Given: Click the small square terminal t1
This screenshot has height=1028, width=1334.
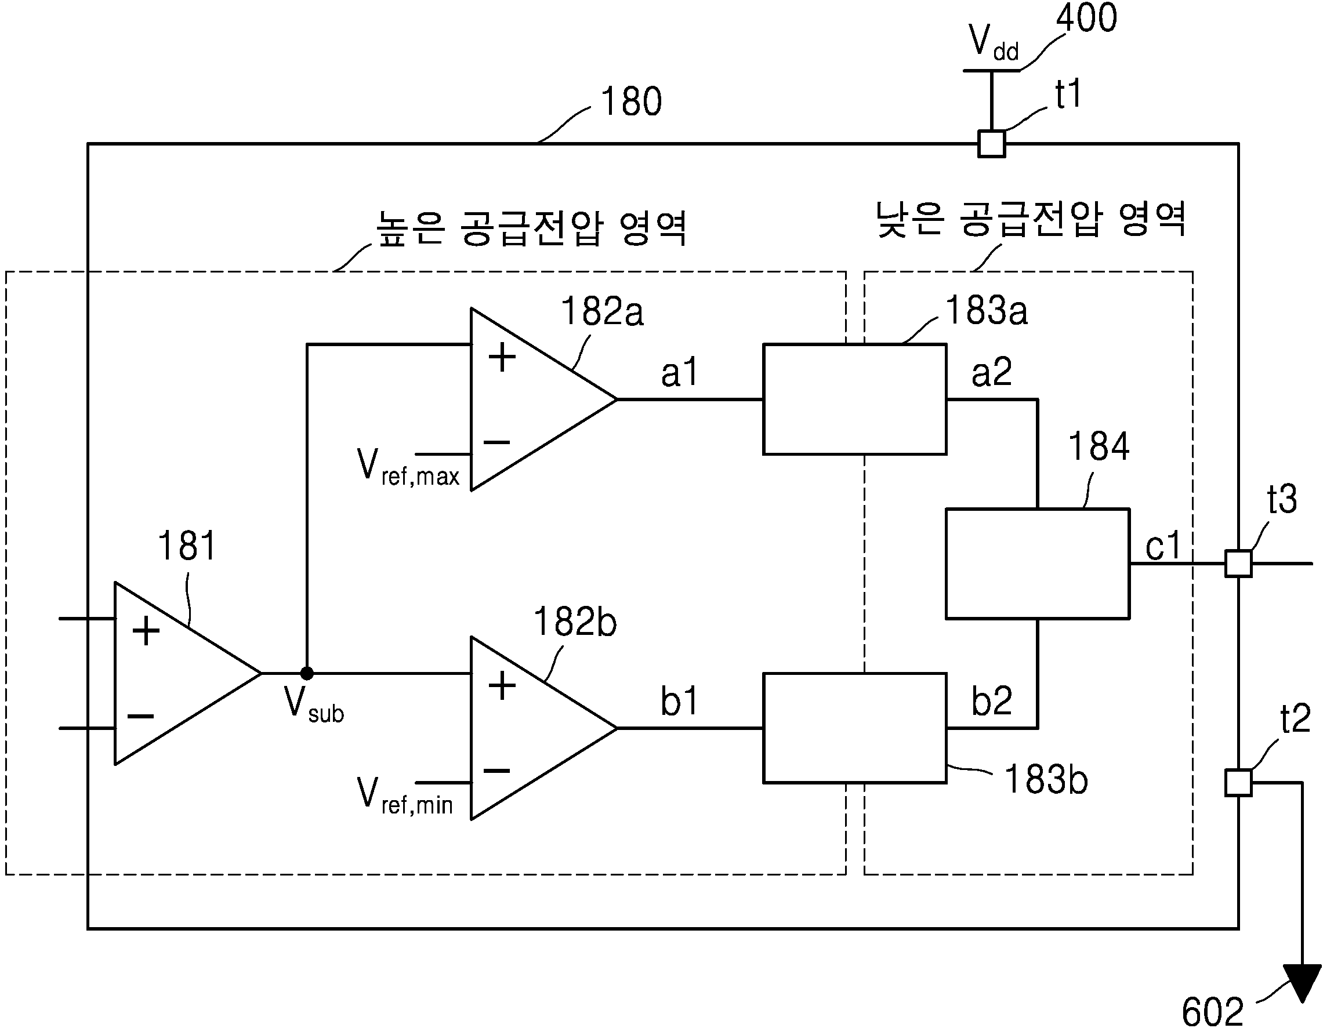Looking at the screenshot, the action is (x=991, y=144).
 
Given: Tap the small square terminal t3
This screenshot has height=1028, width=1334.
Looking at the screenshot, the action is (x=1238, y=564).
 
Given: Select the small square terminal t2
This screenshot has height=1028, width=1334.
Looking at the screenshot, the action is (x=1238, y=783).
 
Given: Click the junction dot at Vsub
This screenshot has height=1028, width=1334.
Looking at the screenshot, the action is (x=307, y=673).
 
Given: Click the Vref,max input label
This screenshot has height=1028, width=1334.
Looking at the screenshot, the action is (x=407, y=467).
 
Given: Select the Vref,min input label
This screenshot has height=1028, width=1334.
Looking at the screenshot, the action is (x=404, y=796).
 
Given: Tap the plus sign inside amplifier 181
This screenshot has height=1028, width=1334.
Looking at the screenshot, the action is (x=146, y=631).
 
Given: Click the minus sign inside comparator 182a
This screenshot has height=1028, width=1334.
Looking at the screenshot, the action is (x=496, y=441).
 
